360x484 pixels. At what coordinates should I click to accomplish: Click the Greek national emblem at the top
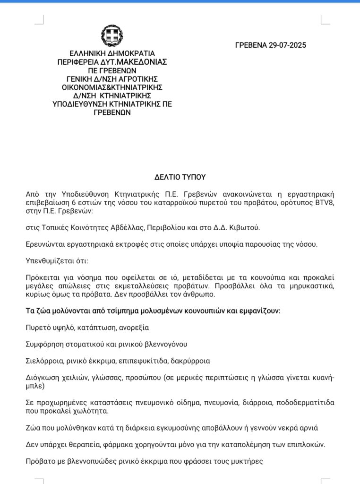coord(112,36)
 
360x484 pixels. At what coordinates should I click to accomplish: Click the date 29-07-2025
coord(287,45)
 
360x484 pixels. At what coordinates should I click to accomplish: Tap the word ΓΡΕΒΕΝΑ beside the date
coord(251,45)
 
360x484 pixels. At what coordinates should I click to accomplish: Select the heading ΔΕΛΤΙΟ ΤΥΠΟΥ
coord(180,177)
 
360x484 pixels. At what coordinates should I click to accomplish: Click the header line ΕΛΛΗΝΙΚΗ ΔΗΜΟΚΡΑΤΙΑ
coord(112,53)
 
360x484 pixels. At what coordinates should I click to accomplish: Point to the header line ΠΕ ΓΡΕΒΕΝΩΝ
coord(112,70)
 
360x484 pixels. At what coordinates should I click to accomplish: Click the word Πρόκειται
coord(41,277)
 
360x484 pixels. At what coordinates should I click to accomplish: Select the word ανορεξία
coord(135,327)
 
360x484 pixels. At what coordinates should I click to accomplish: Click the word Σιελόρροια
coord(44,361)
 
